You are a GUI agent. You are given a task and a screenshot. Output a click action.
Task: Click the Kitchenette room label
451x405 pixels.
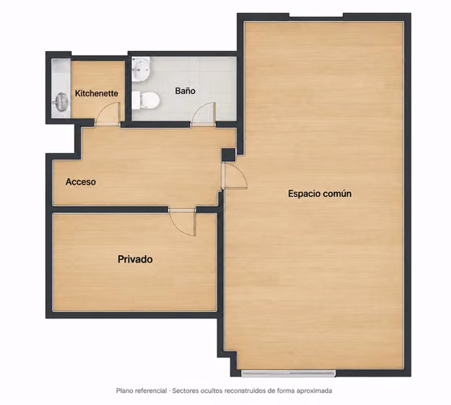[x=96, y=93]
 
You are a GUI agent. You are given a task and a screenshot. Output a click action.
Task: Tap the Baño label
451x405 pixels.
[x=185, y=91]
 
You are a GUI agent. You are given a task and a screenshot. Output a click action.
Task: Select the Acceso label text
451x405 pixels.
[x=81, y=181]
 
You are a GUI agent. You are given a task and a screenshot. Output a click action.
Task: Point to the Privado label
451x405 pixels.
[x=135, y=259]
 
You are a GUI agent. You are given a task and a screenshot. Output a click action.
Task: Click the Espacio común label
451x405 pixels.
[x=319, y=194]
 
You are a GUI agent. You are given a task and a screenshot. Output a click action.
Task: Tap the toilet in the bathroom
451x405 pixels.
[x=145, y=100]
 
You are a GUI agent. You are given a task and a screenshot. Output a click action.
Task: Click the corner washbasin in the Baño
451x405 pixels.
[x=141, y=69]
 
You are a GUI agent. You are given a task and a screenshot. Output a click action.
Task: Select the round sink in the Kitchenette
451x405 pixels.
[x=61, y=101]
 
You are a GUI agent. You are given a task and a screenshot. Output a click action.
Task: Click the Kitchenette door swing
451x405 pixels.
[x=107, y=114]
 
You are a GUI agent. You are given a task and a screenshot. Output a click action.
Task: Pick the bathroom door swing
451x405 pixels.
[x=203, y=114]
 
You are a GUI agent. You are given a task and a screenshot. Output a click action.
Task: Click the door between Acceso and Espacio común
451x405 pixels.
[x=234, y=176]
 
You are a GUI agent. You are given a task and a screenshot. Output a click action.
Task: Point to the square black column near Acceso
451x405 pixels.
[x=228, y=155]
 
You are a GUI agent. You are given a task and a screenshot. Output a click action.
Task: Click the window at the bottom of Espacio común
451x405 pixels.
[x=289, y=374]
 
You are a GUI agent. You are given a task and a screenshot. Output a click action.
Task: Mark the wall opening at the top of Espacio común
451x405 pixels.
[x=316, y=16]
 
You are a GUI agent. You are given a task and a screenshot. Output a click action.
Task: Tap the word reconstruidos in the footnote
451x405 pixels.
[x=242, y=391]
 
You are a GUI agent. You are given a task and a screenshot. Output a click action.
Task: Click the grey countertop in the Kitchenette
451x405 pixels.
[x=61, y=88]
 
